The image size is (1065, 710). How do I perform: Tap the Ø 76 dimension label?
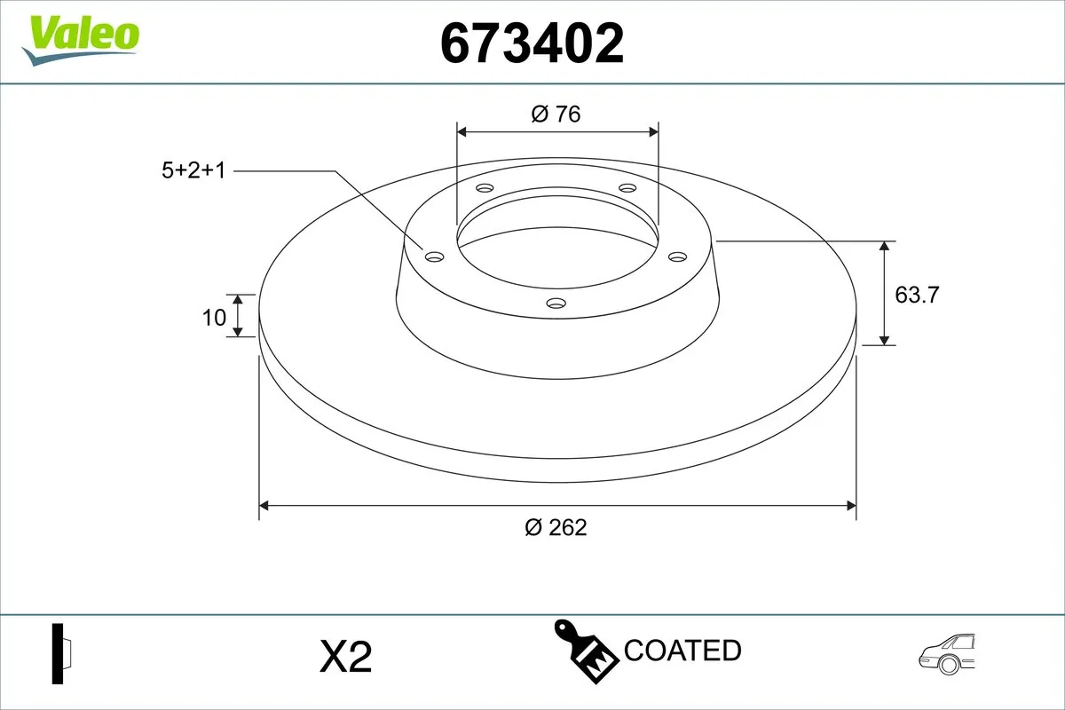(556, 114)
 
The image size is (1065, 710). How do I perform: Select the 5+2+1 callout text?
(193, 170)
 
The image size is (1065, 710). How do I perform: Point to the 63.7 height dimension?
(916, 295)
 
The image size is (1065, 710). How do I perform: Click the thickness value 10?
(214, 317)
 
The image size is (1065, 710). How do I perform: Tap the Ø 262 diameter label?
(556, 527)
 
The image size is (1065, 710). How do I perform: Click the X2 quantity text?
(344, 658)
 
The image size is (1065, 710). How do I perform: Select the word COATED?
(682, 651)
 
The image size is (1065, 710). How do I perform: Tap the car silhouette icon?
(947, 655)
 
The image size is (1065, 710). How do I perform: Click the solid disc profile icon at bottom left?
(61, 654)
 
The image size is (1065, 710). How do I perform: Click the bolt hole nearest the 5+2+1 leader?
(434, 256)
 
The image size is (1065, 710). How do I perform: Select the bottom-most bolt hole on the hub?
(556, 303)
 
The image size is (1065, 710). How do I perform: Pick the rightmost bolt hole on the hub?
(678, 256)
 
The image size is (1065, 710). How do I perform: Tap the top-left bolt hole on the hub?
(485, 188)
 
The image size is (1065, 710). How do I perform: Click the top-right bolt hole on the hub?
(627, 188)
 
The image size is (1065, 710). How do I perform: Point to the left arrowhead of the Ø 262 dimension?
(264, 506)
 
